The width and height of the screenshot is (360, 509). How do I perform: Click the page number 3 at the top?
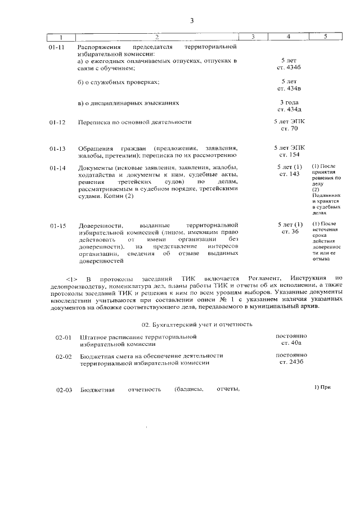point(191,21)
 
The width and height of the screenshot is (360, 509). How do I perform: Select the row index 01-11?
point(57,47)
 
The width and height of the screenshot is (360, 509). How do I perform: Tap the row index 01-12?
point(57,122)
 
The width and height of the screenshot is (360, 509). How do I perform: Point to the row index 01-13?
point(57,148)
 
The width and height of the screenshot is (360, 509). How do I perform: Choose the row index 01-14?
point(57,168)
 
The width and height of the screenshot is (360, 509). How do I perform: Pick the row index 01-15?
point(57,226)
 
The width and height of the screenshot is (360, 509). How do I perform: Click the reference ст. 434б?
point(289,67)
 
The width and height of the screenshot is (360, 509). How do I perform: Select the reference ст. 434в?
point(289,89)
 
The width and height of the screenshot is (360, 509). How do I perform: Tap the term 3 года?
point(289,102)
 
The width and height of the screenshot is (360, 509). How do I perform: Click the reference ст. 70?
point(289,129)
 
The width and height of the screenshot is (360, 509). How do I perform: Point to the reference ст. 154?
point(289,154)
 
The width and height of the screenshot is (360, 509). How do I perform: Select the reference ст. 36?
point(289,232)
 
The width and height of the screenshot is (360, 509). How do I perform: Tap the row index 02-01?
point(63,337)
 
